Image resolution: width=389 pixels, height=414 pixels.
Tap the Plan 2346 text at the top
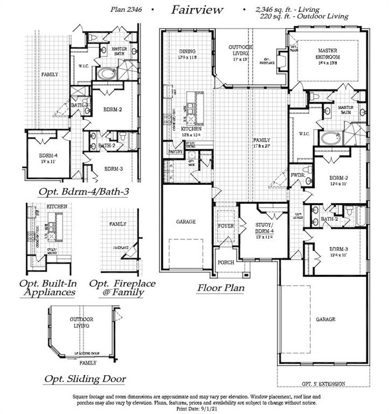pos(129,9)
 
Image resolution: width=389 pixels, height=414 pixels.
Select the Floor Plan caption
pos(220,288)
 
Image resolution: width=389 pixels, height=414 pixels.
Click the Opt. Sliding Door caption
pos(85,379)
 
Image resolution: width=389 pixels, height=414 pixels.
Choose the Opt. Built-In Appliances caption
pos(47,288)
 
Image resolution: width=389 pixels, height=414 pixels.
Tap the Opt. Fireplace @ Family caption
pos(122,288)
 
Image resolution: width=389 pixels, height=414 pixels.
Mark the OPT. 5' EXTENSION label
pos(323,383)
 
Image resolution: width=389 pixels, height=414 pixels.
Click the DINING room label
pos(187,52)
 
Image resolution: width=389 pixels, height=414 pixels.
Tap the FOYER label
pos(226,226)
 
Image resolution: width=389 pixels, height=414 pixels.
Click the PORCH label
pos(226,263)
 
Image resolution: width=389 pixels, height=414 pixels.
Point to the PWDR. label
pos(297,176)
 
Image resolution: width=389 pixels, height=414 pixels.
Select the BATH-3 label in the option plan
pos(79,105)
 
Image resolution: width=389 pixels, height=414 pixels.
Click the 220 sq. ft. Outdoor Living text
pos(304,17)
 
